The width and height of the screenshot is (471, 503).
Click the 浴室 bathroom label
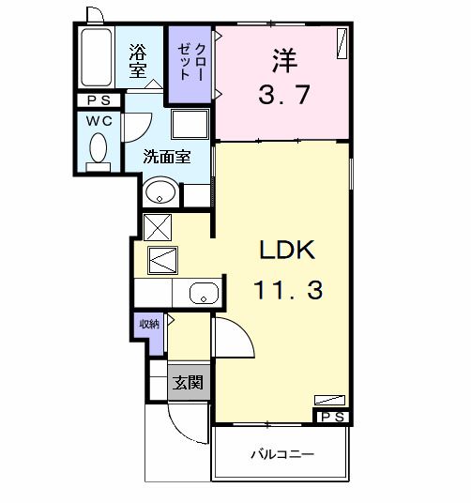tap(138, 61)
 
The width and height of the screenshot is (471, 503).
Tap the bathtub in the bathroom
tap(97, 57)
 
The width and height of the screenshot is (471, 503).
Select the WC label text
tap(99, 121)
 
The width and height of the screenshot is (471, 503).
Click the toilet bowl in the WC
tap(99, 148)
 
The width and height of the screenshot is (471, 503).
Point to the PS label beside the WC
tap(99, 100)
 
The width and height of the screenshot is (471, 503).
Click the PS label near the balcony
tap(332, 418)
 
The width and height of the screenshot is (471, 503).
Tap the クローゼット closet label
tap(190, 62)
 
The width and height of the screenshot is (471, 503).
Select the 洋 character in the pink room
tap(284, 61)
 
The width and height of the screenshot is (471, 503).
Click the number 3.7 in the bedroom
tap(284, 94)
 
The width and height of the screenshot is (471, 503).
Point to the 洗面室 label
tap(167, 157)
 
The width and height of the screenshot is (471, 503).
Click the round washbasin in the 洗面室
tap(160, 191)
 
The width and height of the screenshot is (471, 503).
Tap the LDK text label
tap(287, 251)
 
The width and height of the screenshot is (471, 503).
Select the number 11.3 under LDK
tap(288, 290)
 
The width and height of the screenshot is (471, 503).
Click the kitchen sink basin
tap(204, 293)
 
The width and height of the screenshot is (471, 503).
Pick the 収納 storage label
tap(149, 325)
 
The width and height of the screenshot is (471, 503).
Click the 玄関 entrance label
tap(189, 382)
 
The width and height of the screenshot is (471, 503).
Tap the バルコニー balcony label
tap(282, 454)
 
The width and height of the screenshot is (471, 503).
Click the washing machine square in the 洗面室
tap(190, 125)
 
